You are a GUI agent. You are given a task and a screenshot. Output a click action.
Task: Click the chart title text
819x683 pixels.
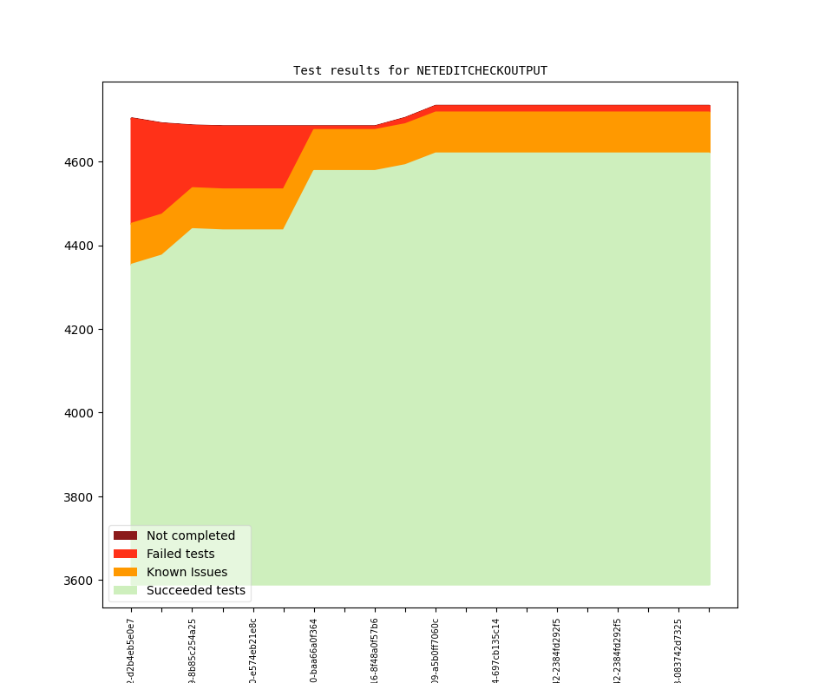coord(420,70)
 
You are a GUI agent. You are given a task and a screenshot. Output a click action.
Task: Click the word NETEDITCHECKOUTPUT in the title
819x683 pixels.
coord(482,70)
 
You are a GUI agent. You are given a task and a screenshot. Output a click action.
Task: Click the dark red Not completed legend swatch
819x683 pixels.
coord(125,535)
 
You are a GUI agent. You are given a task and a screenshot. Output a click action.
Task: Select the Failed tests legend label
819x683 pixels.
coord(180,554)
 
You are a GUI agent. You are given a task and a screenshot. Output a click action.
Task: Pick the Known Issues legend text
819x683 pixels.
coord(187,572)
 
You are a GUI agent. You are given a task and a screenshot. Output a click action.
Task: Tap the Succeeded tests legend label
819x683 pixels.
coord(195,590)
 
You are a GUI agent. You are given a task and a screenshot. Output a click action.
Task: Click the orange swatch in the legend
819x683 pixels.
coord(125,572)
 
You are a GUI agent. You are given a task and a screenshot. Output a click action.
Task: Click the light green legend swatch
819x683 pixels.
coord(125,590)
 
